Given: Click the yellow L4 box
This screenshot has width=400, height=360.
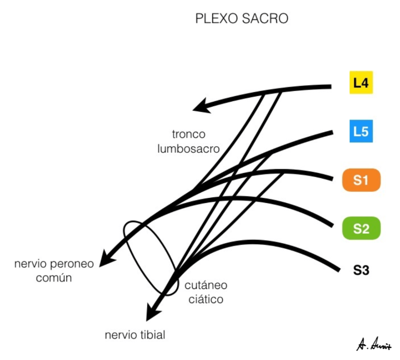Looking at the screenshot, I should [361, 82].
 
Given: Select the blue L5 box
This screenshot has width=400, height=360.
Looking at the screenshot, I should [361, 131].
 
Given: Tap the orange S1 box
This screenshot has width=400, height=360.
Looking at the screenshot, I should [361, 180].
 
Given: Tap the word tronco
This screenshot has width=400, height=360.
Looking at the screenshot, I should [188, 134].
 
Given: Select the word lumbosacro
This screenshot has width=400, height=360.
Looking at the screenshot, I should [188, 149].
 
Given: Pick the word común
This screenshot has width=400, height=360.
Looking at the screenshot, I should [54, 278].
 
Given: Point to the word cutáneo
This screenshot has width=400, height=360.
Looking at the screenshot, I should [206, 285].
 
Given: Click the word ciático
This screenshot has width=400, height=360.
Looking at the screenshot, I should [206, 299].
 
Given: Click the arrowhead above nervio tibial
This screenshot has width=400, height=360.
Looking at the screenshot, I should [152, 312].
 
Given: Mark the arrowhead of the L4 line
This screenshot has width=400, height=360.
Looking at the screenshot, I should [201, 106].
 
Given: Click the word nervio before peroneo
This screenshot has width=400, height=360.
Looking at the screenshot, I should [30, 264].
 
